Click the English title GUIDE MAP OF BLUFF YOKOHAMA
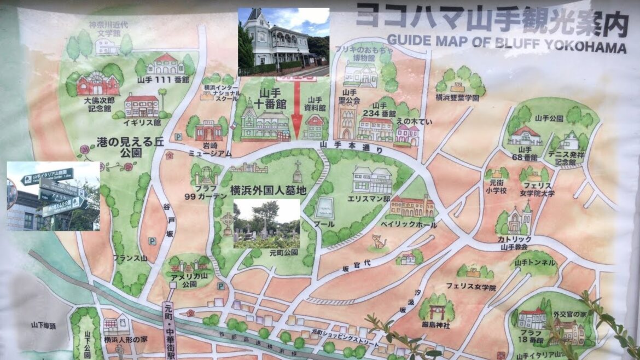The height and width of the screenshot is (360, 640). (506, 43)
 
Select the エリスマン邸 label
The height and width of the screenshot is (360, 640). (373, 200)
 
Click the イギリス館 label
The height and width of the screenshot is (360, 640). (142, 122)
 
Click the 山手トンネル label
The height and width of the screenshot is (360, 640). (535, 263)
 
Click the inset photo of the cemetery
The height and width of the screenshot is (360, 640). (266, 223)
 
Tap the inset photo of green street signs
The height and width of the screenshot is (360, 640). (53, 195)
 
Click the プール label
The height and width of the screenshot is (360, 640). (324, 224)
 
